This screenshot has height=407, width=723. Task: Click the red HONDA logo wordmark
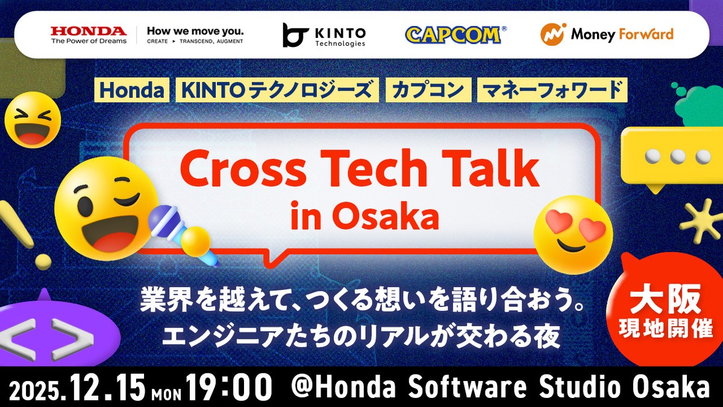(x=89, y=31)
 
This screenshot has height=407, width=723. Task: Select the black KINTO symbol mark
(x=295, y=35)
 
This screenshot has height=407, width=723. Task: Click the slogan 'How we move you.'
(x=195, y=31)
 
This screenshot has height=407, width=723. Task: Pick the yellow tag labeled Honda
(x=132, y=90)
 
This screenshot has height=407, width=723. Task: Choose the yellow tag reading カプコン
(x=428, y=90)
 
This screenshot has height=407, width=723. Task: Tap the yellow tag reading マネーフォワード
(x=552, y=90)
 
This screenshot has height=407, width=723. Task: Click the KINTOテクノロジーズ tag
(x=277, y=90)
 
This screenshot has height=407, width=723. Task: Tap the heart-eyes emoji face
(x=573, y=235)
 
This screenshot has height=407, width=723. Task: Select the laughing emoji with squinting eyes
(x=33, y=120)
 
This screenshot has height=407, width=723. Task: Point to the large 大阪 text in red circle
(x=666, y=299)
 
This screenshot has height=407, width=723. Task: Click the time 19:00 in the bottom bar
(x=228, y=388)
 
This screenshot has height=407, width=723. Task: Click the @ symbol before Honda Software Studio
(x=302, y=387)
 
